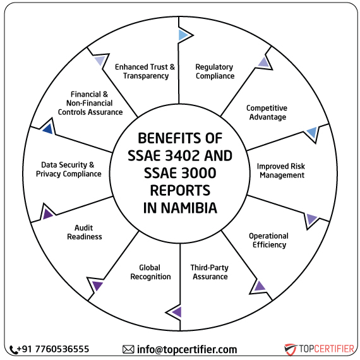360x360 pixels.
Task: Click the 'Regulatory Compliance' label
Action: click(x=214, y=71)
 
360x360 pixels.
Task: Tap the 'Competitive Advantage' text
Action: click(x=267, y=112)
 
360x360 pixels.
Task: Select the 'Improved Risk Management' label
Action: click(x=281, y=171)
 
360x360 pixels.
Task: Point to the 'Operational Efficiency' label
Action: click(x=268, y=240)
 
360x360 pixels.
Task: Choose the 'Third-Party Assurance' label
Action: click(x=210, y=272)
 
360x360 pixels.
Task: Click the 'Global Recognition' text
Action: click(x=150, y=272)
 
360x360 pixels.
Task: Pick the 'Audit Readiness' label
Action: click(x=88, y=232)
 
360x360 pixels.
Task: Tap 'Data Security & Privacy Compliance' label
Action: click(x=68, y=169)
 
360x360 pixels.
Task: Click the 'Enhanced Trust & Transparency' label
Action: click(x=145, y=71)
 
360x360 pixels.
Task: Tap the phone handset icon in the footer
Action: click(x=14, y=349)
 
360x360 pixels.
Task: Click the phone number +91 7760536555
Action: click(x=54, y=349)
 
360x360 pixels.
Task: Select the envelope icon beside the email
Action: click(x=128, y=349)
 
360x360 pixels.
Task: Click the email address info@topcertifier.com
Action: click(x=187, y=349)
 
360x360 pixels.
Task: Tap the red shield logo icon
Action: click(x=291, y=349)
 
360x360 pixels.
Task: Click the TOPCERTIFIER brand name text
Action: click(x=326, y=349)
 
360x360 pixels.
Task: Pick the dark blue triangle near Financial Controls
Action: click(x=47, y=129)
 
